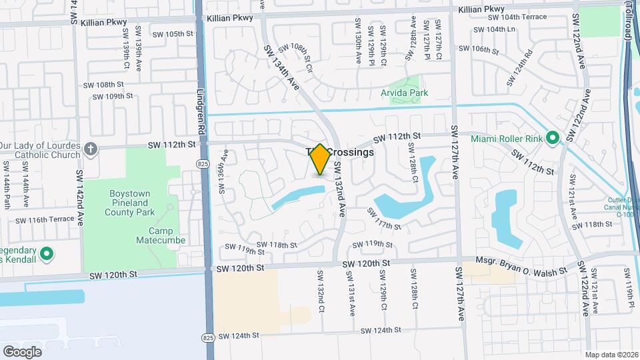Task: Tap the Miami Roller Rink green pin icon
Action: click(x=553, y=138)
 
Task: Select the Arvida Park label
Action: click(x=404, y=93)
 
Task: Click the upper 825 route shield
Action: click(x=201, y=163)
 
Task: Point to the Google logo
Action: click(x=22, y=351)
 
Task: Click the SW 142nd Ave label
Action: click(x=80, y=197)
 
